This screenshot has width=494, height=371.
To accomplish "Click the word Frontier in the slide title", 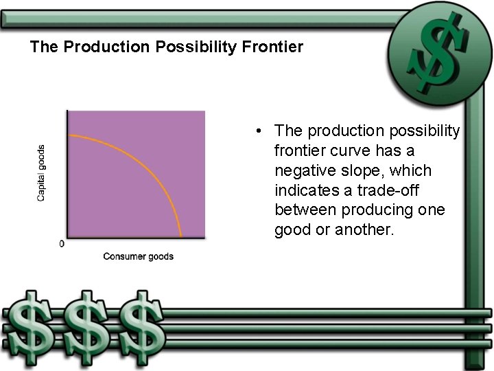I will click(274, 47).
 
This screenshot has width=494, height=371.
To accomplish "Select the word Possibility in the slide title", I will click(200, 47).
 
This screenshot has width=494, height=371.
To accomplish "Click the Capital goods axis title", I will click(41, 172).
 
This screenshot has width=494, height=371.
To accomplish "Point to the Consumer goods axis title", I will click(138, 256).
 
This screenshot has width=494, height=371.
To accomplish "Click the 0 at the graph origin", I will click(62, 244).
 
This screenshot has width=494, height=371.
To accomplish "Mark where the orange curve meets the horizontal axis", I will click(180, 237).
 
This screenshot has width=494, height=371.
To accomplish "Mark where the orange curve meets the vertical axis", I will click(68, 135).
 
